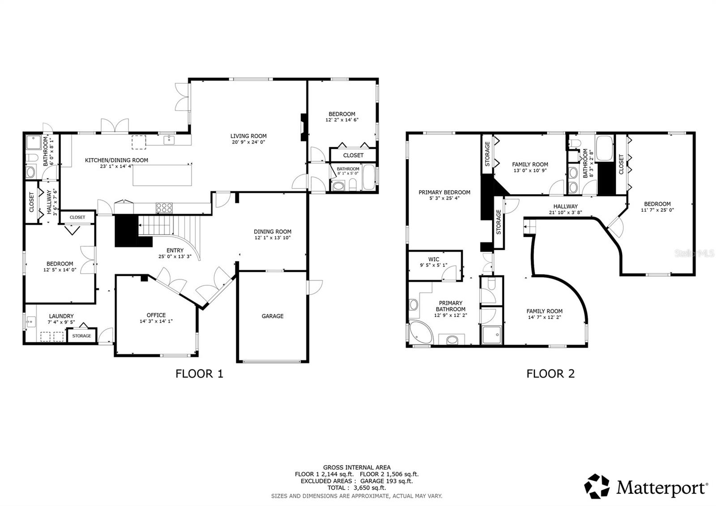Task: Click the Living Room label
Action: [248, 136]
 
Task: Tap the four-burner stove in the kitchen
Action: [164, 207]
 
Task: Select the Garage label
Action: [273, 316]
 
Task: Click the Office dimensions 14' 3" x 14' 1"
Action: [156, 321]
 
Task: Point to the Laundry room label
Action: [61, 316]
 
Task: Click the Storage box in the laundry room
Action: [82, 335]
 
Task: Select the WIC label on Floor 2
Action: [434, 259]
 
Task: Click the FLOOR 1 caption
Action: [199, 373]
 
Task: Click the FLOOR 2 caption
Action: [550, 373]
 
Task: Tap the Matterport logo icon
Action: [597, 486]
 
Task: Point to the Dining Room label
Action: [273, 232]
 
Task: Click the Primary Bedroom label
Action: [444, 193]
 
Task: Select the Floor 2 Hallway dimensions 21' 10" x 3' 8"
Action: [565, 213]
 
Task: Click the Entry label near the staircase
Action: [175, 251]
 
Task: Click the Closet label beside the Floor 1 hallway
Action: [31, 202]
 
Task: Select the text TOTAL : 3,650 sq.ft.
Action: [357, 488]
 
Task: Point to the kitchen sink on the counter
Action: [169, 140]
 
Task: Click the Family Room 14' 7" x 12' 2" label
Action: [544, 311]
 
